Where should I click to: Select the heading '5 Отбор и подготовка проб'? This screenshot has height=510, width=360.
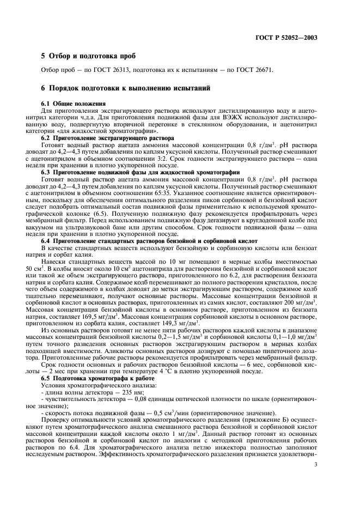coord(86,57)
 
